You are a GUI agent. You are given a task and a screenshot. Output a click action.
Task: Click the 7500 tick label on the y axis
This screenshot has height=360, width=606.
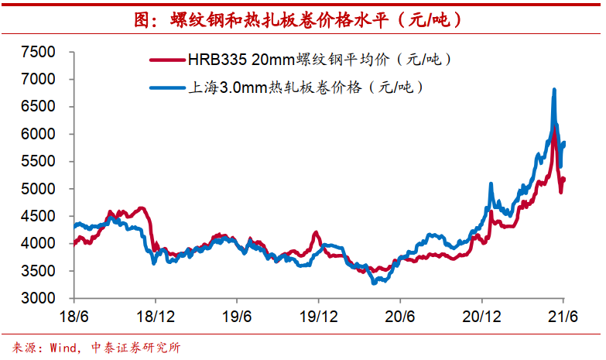39,52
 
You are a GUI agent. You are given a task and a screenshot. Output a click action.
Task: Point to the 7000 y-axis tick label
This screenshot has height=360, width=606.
39,79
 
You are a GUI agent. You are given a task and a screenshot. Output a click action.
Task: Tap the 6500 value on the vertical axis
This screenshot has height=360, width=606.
39,106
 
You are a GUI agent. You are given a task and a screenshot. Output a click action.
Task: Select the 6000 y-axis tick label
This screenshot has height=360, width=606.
39,134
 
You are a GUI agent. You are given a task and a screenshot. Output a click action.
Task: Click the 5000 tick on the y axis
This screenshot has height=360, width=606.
39,188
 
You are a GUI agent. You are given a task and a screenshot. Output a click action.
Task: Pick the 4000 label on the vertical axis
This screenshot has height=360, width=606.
39,243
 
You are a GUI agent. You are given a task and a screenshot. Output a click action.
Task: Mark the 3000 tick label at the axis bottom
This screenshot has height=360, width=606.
39,298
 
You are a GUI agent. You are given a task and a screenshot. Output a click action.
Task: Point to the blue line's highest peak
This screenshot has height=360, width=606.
554,91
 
